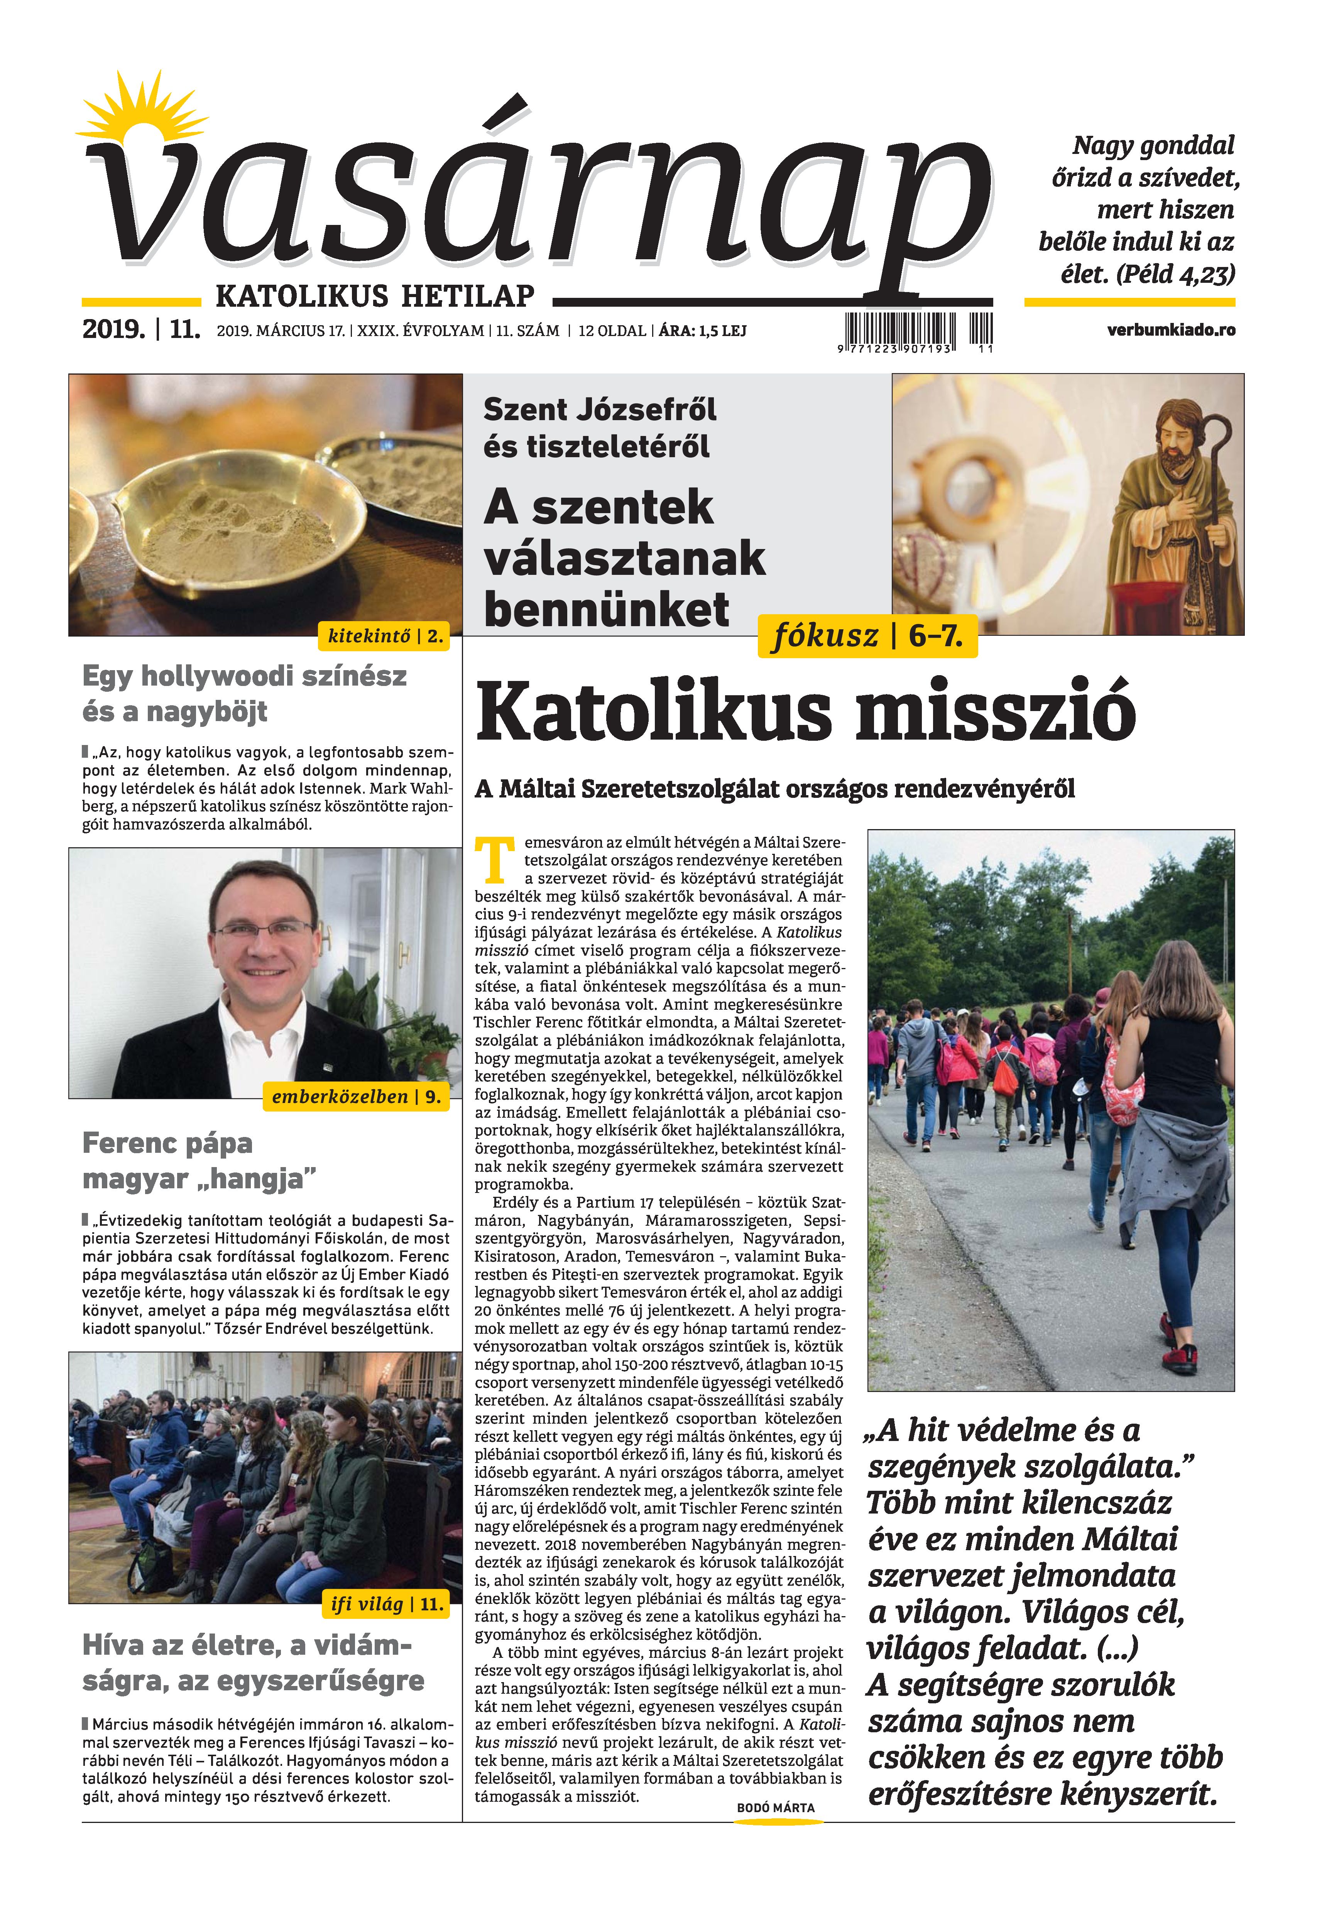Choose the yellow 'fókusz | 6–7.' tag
pyautogui.click(x=866, y=636)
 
